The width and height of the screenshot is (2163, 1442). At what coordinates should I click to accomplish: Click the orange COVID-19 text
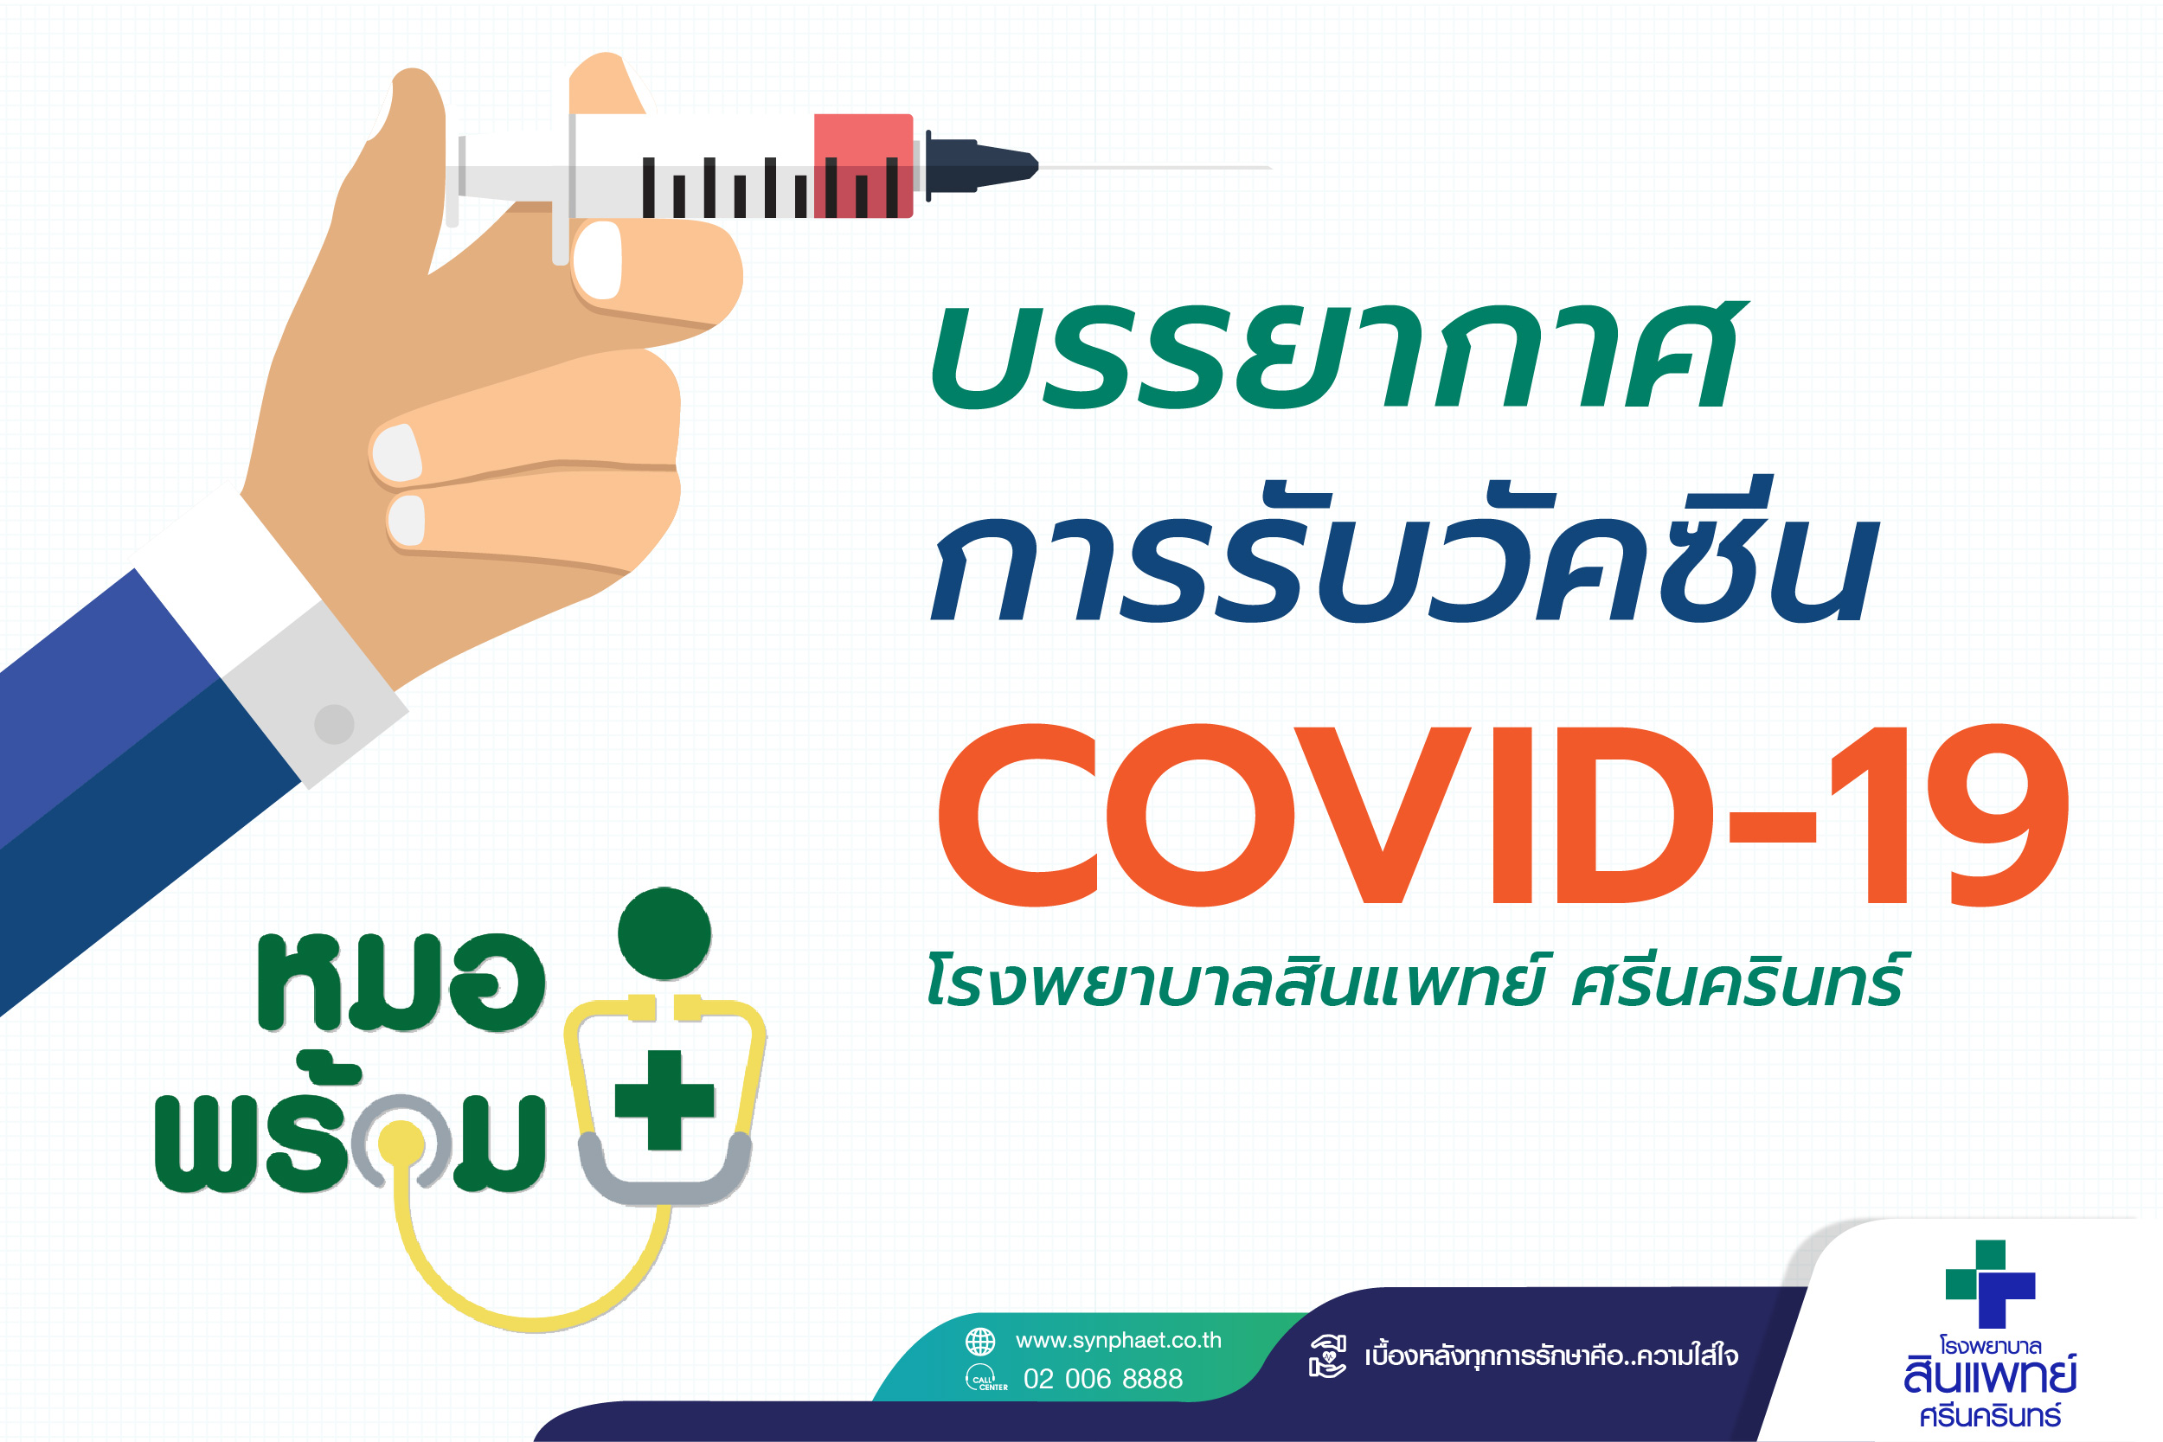[x=1503, y=815]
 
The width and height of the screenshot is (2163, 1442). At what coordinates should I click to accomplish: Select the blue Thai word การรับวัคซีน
[x=1403, y=550]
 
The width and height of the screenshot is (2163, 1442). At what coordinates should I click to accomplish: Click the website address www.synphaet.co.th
[x=1119, y=1341]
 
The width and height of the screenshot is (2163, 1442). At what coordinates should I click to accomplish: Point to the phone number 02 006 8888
[x=1102, y=1379]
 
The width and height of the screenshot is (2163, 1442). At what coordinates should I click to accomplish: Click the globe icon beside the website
[x=980, y=1342]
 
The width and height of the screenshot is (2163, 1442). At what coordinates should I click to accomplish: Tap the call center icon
[x=984, y=1379]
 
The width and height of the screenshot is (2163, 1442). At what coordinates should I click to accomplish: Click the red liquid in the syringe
[x=863, y=165]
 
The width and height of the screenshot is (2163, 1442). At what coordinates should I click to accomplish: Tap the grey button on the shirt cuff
[x=334, y=724]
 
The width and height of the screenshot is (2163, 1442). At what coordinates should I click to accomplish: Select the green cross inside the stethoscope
[x=664, y=1100]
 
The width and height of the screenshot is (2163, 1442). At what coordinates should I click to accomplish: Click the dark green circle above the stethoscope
[x=664, y=933]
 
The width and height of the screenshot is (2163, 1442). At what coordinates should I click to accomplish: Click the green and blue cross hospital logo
[x=1990, y=1284]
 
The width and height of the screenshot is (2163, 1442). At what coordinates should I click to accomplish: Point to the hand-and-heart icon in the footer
[x=1327, y=1356]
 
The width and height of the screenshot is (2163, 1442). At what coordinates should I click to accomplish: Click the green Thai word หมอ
[x=401, y=981]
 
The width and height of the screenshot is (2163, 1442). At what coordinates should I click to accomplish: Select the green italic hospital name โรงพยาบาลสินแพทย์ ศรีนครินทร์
[x=1414, y=980]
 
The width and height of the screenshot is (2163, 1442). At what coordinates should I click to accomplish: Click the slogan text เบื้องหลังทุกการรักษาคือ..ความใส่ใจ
[x=1551, y=1356]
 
